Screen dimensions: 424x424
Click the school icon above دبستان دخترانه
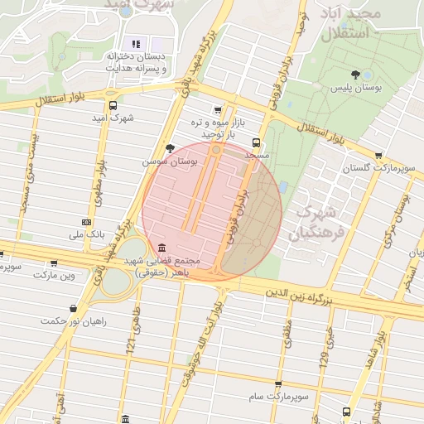pyautogui.click(x=136, y=44)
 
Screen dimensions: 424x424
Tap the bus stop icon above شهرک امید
pyautogui.click(x=113, y=105)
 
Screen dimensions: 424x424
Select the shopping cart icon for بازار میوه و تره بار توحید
pyautogui.click(x=218, y=109)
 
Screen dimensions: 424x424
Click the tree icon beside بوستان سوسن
pyautogui.click(x=170, y=148)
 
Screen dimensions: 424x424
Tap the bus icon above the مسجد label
pyautogui.click(x=256, y=141)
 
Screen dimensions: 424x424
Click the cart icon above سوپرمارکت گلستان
pyautogui.click(x=378, y=155)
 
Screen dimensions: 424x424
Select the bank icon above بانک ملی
pyautogui.click(x=87, y=222)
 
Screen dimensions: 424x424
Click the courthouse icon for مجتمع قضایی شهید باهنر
pyautogui.click(x=160, y=248)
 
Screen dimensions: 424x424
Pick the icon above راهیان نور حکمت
pyautogui.click(x=75, y=308)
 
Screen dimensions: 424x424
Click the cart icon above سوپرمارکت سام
pyautogui.click(x=277, y=385)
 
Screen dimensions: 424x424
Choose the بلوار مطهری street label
pyautogui.click(x=99, y=178)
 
